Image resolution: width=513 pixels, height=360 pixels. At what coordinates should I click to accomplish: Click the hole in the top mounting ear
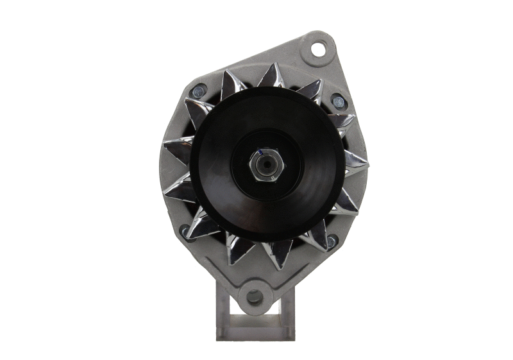click(318, 48)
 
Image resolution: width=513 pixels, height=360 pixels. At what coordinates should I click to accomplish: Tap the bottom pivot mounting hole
click(255, 296)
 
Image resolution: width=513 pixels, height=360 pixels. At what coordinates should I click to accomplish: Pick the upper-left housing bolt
click(198, 91)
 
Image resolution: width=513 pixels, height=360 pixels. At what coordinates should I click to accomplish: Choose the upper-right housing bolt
click(337, 101)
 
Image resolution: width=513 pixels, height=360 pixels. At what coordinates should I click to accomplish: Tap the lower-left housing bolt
click(186, 230)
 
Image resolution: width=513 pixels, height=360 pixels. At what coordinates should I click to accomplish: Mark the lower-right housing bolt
click(331, 241)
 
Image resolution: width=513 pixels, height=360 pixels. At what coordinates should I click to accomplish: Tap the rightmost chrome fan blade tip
click(357, 160)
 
